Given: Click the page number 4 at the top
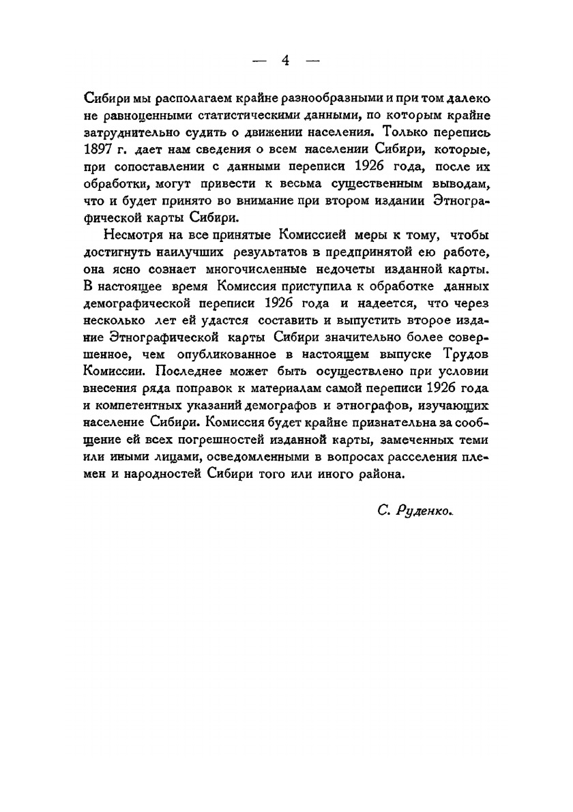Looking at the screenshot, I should (x=286, y=61).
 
